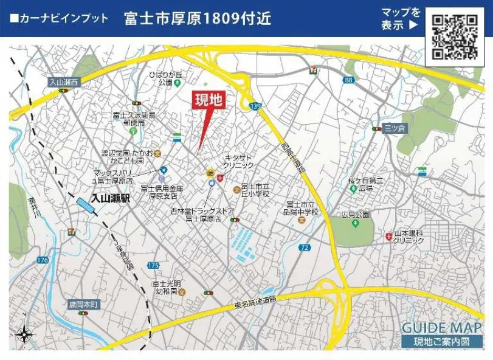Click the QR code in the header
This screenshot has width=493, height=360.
point(454,36)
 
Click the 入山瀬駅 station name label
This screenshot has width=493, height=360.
point(111,198)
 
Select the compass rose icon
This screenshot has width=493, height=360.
point(24,333)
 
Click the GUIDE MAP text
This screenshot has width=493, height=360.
point(441,328)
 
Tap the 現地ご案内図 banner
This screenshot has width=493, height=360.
point(441,342)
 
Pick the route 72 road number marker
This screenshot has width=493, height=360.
point(305,247)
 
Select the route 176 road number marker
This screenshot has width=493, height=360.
point(42,260)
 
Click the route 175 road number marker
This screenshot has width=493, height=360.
point(153,266)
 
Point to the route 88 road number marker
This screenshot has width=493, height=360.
point(348,80)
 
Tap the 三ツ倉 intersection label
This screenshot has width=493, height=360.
point(394,128)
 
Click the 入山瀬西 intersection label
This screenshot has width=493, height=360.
point(63,82)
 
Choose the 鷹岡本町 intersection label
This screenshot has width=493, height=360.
point(82,305)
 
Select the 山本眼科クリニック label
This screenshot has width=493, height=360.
point(409,237)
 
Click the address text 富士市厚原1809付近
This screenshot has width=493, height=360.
point(198,19)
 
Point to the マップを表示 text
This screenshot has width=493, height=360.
point(400,19)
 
